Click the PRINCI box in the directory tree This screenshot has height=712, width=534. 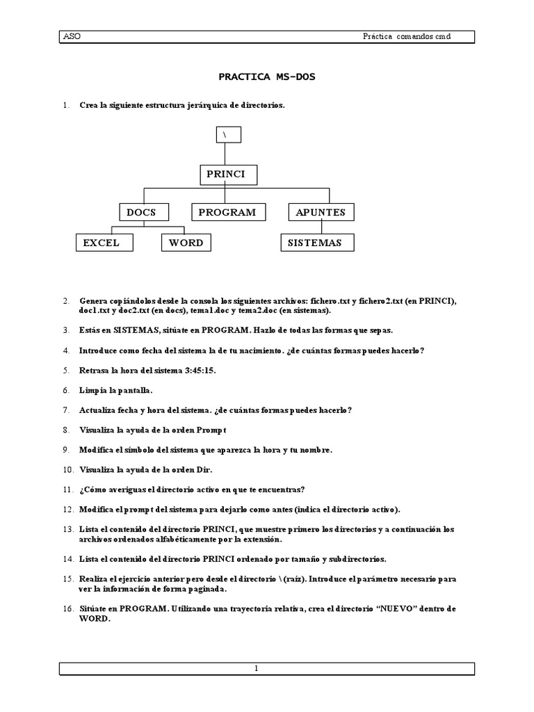[x=227, y=174]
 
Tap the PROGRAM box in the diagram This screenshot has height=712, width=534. [x=227, y=212]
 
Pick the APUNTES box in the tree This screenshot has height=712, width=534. [x=321, y=212]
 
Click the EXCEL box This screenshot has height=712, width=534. [x=102, y=243]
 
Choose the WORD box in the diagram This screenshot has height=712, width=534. [x=186, y=243]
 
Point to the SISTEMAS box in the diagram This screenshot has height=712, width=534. [x=316, y=243]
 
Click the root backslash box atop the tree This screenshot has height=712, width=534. [x=226, y=134]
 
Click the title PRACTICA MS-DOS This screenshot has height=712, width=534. [x=267, y=77]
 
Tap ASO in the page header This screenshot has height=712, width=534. [x=71, y=36]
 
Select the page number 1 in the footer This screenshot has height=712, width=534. [x=257, y=669]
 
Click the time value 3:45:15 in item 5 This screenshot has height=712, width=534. [x=199, y=370]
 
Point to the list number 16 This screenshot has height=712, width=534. [x=67, y=608]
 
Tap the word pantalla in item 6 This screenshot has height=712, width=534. [x=130, y=390]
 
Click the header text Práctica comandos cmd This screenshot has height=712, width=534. [x=402, y=36]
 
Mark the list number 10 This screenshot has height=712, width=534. [x=67, y=470]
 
